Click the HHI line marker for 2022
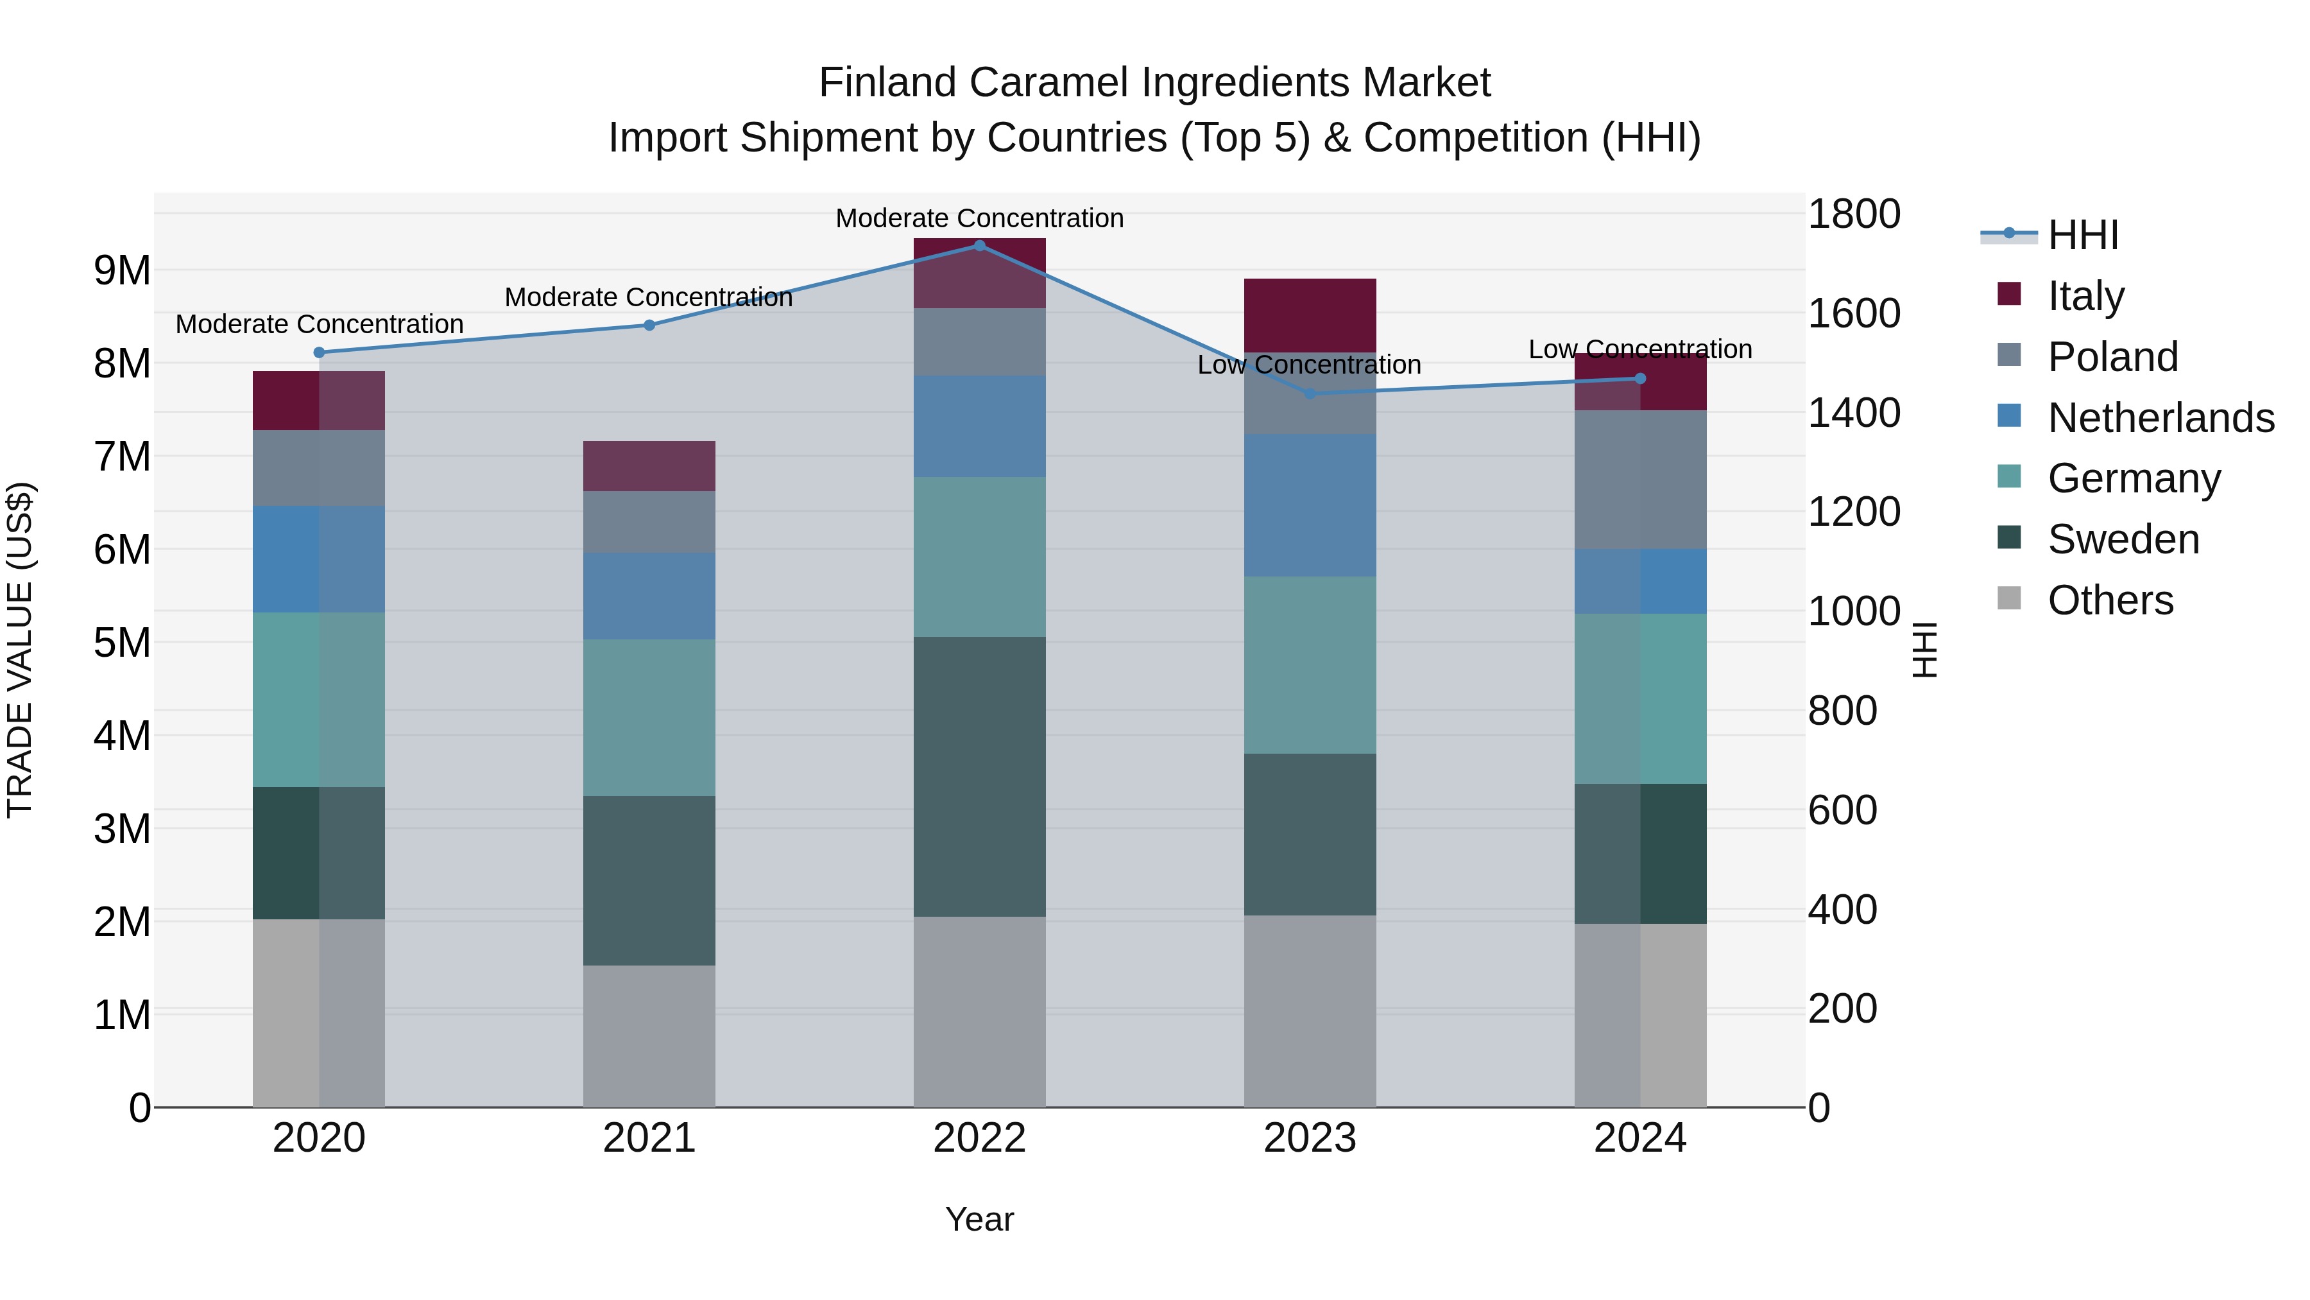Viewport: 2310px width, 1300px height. (979, 246)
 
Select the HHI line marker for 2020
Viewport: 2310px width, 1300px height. (320, 352)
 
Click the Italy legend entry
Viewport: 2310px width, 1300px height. (2086, 296)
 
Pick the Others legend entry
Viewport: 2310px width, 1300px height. (2110, 600)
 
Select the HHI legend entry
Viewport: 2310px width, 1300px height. (2082, 235)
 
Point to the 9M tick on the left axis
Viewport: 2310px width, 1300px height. (122, 270)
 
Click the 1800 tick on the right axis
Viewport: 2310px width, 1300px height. (1852, 214)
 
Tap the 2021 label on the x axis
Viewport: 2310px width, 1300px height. (649, 1138)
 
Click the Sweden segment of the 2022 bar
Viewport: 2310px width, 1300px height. (979, 776)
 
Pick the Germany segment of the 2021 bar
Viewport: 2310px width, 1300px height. (649, 718)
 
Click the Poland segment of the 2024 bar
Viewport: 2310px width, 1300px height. (1640, 480)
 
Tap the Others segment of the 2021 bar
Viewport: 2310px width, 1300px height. (649, 1036)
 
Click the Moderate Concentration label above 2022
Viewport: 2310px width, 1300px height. (979, 218)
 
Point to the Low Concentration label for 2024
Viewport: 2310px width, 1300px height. (1640, 349)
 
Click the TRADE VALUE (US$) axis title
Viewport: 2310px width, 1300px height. (20, 650)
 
